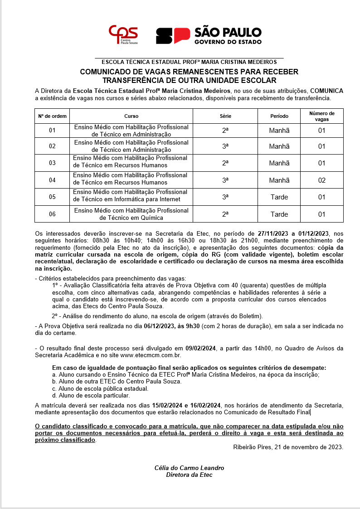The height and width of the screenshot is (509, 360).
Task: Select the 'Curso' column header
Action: click(x=131, y=116)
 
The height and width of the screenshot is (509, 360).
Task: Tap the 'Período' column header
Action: click(x=279, y=116)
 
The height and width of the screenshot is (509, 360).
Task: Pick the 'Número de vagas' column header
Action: click(x=321, y=116)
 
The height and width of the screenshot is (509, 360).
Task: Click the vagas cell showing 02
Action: click(x=321, y=180)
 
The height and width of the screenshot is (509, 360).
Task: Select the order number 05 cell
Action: click(x=52, y=197)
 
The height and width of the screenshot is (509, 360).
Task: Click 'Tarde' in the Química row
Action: click(x=279, y=214)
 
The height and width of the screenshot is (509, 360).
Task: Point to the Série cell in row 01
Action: click(x=225, y=131)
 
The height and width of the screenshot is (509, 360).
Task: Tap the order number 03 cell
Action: click(x=52, y=163)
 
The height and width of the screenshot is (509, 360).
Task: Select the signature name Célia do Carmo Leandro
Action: click(x=189, y=468)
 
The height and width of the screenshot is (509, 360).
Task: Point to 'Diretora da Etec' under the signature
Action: click(x=189, y=475)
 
